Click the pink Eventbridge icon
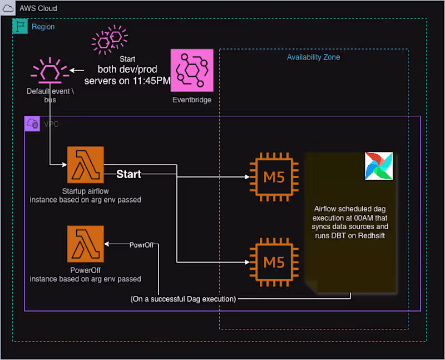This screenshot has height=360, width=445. click(x=192, y=70)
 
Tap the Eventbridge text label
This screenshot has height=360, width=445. click(x=192, y=100)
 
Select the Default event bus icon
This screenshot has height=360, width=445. click(x=50, y=71)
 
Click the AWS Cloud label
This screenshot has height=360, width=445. click(x=38, y=9)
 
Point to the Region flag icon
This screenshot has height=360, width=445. click(x=19, y=26)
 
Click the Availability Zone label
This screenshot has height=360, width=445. click(x=313, y=57)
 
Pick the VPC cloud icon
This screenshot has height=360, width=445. click(x=32, y=124)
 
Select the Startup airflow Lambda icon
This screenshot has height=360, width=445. click(x=86, y=165)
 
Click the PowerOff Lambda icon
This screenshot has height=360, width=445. click(x=86, y=244)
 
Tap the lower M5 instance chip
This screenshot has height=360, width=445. click(x=274, y=260)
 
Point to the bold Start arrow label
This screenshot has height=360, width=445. click(x=128, y=175)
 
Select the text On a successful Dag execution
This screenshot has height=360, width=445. click(x=183, y=299)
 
